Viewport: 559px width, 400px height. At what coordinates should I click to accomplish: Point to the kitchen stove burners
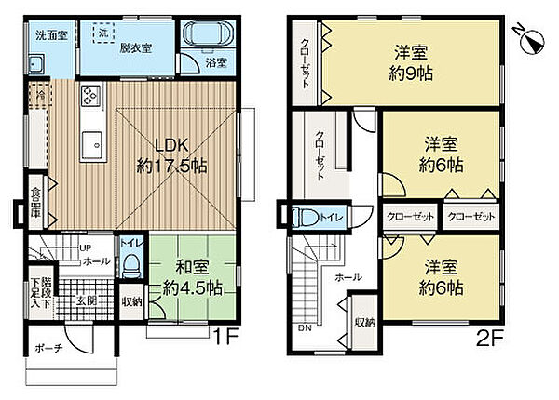coord(91,96)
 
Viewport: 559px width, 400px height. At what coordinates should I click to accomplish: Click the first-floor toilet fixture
coord(130,264)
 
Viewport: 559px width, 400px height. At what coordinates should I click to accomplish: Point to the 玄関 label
coord(86,300)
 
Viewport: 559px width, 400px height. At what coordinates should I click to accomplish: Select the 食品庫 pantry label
coord(34,202)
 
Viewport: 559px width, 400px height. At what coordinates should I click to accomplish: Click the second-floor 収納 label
coord(363,323)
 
